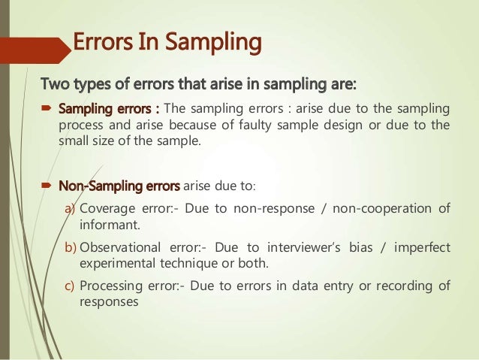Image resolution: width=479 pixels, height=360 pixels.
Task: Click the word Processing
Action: tap(113, 286)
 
